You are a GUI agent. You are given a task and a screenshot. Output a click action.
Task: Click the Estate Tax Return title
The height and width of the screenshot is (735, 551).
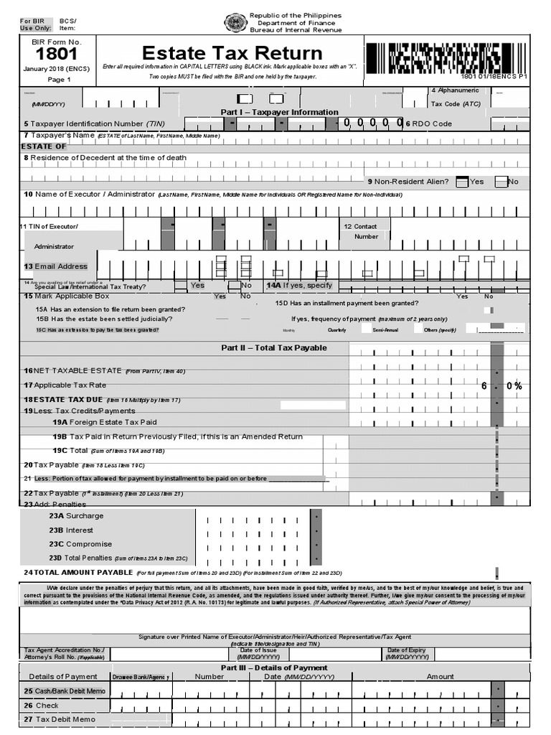click(x=232, y=54)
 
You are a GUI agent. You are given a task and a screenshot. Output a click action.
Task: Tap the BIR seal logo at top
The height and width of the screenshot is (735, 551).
click(x=235, y=23)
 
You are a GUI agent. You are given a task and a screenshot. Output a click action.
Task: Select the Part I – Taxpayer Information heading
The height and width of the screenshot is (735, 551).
click(x=279, y=112)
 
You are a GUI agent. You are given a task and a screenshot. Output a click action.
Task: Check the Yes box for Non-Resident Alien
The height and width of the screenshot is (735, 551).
click(x=463, y=182)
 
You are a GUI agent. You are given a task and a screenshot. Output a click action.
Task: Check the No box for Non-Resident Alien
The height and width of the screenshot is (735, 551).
click(x=500, y=182)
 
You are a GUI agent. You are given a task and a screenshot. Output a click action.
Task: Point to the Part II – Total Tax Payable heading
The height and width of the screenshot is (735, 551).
click(x=273, y=347)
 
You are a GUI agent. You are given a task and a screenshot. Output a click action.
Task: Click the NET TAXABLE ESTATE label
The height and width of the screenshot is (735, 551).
click(x=74, y=370)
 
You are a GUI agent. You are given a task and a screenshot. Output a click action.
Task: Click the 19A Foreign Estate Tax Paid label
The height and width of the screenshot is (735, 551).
click(x=104, y=422)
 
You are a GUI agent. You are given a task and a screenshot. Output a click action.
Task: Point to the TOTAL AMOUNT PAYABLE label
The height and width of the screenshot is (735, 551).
click(x=78, y=572)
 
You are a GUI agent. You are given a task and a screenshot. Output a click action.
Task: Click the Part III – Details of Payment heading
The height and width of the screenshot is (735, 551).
click(x=273, y=668)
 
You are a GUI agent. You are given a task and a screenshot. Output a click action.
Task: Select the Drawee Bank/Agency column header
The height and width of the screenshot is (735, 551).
click(x=140, y=677)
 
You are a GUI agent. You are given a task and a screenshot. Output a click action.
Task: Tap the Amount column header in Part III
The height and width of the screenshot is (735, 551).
click(x=440, y=676)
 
